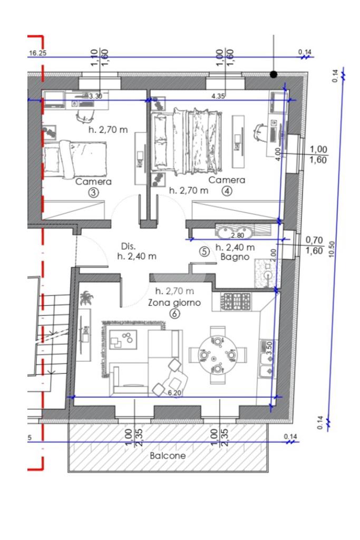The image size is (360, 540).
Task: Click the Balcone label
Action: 168,456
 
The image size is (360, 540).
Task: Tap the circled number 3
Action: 93,192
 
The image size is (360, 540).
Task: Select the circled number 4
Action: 227,191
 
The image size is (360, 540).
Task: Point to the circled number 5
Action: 205,252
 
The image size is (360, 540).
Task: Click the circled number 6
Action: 175,314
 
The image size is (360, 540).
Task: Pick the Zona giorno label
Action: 174,303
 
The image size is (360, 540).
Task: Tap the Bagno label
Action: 235,257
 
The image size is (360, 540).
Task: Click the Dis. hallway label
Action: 129,246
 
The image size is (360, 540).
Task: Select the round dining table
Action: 218,355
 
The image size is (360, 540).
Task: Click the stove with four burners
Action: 236,301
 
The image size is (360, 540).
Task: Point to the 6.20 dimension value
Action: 174,392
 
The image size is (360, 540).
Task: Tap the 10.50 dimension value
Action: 332,249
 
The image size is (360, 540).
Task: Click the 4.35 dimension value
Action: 218,96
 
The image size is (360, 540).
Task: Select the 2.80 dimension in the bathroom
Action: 237,236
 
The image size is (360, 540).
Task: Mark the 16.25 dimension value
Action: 37,53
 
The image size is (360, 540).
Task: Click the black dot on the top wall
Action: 274,74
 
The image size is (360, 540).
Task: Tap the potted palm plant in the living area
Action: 85,298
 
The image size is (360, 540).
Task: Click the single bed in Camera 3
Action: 74,160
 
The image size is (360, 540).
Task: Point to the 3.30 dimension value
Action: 95,97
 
